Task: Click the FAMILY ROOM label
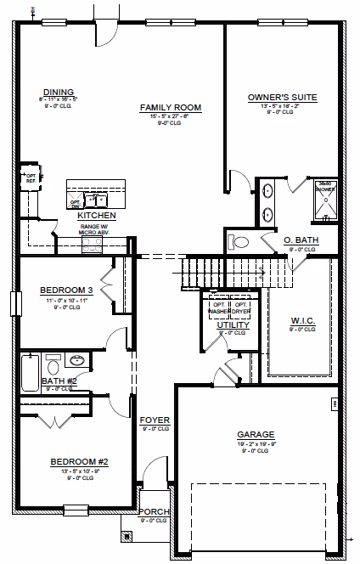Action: click(170, 108)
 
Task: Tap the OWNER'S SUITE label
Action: click(282, 98)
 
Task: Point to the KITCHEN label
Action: click(96, 216)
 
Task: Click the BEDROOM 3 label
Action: click(65, 291)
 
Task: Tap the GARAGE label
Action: click(255, 434)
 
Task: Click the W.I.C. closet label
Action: click(303, 321)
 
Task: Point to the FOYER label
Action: click(155, 420)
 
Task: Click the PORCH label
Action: click(155, 512)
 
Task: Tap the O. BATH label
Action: click(301, 240)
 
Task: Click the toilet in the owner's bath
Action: click(240, 242)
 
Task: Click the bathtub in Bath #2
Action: click(31, 370)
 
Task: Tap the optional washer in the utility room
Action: click(219, 307)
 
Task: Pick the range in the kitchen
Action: click(93, 244)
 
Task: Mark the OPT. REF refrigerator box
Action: click(31, 177)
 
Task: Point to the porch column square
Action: click(127, 536)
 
